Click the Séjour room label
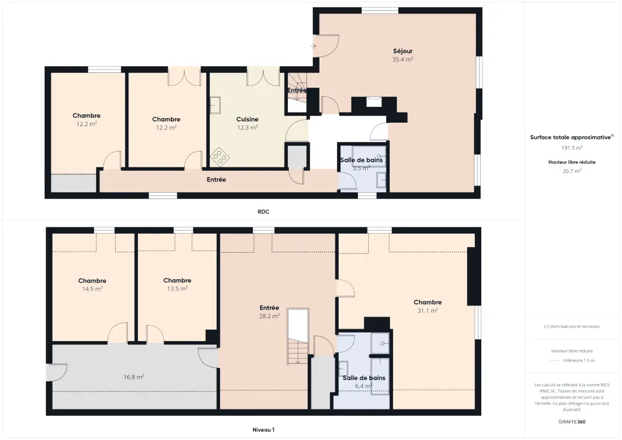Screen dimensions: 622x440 click(403, 51)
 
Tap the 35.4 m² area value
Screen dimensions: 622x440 click(403, 59)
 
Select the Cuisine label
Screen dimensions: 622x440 click(247, 119)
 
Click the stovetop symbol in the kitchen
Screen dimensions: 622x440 click(220, 157)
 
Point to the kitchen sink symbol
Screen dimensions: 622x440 click(215, 105)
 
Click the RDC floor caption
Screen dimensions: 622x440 click(264, 212)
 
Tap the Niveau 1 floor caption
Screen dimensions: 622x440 click(264, 430)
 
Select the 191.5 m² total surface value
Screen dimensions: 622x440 click(572, 148)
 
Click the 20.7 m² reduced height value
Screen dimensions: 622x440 click(572, 171)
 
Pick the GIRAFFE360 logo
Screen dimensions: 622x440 click(572, 422)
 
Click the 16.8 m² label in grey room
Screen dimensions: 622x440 click(133, 377)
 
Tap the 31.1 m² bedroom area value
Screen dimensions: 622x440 click(427, 310)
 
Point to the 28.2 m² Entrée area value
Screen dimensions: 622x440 click(269, 316)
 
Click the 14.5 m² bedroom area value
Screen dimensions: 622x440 click(92, 289)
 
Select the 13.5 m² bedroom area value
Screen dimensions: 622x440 click(178, 288)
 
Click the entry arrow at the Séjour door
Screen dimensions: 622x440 click(313, 46)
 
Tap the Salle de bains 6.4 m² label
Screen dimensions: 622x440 click(364, 382)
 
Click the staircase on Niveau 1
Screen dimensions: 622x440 click(298, 337)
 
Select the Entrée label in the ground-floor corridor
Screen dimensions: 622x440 click(216, 180)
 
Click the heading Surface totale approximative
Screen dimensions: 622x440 click(571, 137)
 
